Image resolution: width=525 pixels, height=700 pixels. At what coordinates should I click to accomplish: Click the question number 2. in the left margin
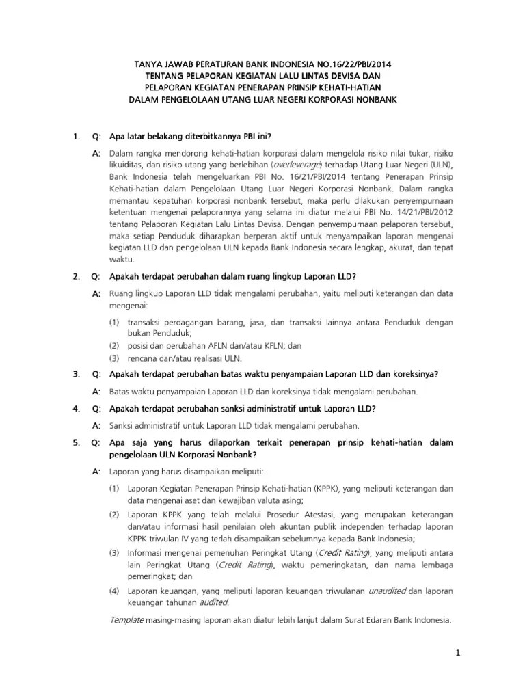click(77, 275)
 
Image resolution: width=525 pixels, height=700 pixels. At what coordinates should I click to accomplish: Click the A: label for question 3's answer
click(96, 391)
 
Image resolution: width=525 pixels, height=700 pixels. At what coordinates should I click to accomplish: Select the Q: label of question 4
click(96, 409)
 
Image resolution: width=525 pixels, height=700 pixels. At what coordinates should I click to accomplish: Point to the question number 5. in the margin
click(77, 444)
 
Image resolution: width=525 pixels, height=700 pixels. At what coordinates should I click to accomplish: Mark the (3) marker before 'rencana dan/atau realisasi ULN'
click(115, 358)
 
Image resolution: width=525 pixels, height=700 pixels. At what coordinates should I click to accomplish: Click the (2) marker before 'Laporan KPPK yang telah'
click(115, 514)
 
